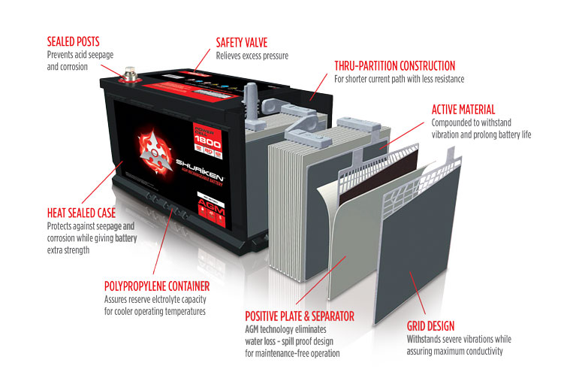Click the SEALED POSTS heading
click(x=73, y=41)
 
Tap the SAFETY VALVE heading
click(x=241, y=42)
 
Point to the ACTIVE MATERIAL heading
click(x=463, y=110)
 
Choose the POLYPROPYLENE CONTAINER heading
click(x=157, y=286)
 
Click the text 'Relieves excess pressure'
click(x=252, y=56)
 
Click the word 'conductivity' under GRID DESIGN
click(x=480, y=352)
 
